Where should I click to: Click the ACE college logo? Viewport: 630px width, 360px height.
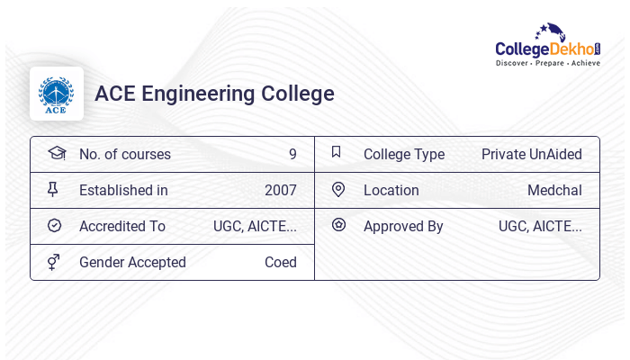coord(56,94)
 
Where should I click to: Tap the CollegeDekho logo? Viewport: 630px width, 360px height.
coord(548,46)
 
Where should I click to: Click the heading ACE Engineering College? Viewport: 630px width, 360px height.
coord(214,94)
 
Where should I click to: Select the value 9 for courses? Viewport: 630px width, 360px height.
coord(292,154)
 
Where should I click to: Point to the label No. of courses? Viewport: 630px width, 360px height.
coord(125,154)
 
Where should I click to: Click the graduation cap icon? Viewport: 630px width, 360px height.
coord(56,153)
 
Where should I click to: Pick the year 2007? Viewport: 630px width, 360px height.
coord(281,190)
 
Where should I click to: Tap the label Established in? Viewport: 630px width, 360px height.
coord(123,190)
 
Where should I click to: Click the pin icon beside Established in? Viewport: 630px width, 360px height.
coord(53,189)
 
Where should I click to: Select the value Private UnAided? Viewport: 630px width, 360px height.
coord(531,154)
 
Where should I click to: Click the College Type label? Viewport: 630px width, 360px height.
coord(404,154)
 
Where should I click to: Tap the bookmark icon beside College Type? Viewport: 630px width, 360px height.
coord(337,152)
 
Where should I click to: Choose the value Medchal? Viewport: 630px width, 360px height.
coord(554,190)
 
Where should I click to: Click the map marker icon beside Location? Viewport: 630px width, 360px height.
coord(338,189)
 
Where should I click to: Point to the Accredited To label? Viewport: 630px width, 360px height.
coord(122,226)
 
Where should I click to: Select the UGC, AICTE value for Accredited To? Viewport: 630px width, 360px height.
coord(255,226)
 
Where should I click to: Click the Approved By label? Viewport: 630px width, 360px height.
coord(403,226)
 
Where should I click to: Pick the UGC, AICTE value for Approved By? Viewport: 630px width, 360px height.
coord(540,226)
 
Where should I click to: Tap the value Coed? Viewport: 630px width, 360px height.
coord(281,262)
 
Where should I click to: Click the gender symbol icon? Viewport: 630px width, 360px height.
coord(54,262)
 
